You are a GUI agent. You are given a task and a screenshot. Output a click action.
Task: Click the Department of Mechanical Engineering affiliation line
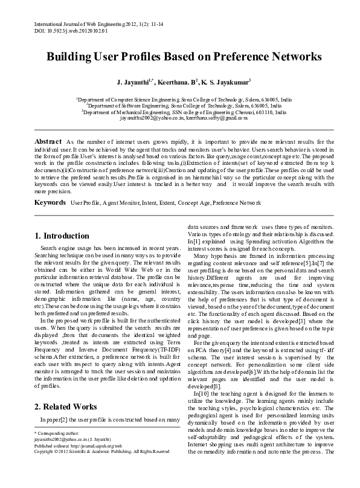[x=179, y=112]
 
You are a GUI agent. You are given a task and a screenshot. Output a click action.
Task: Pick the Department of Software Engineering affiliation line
[x=179, y=105]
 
